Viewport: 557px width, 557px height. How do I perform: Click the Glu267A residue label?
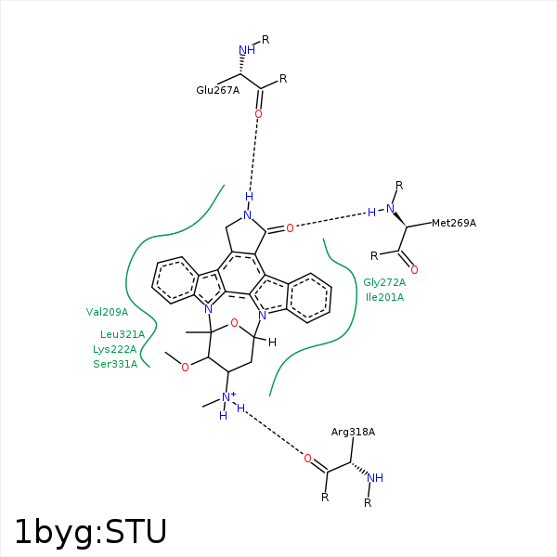coord(217,90)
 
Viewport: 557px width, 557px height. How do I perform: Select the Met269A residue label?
coord(453,223)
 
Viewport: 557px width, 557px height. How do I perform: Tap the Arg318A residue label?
coord(353,432)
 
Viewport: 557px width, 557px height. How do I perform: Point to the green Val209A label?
coord(107,312)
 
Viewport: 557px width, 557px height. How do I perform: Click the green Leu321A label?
coord(123,334)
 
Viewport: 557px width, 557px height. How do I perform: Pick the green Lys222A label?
coord(114,349)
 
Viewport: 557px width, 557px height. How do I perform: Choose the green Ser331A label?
coord(115,364)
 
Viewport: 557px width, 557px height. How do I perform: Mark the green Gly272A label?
coord(384,282)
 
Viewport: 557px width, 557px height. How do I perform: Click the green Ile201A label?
coord(384,297)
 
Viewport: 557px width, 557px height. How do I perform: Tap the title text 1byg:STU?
coord(90,532)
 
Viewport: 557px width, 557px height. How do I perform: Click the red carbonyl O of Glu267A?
coord(258,114)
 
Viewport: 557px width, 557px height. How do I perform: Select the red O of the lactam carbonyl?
coord(290,227)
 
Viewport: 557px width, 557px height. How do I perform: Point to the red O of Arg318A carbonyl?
coord(307,458)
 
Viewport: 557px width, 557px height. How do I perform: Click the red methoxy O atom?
coord(185,368)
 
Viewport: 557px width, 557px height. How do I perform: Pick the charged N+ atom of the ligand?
coord(227,397)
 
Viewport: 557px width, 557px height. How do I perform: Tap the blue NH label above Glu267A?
coord(246,50)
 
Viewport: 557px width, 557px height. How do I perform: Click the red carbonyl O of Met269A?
coord(414,270)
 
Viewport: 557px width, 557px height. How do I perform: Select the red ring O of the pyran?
coord(235,323)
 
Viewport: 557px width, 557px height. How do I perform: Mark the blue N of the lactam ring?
coord(247,215)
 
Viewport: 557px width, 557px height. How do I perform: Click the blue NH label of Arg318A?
coord(374,478)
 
